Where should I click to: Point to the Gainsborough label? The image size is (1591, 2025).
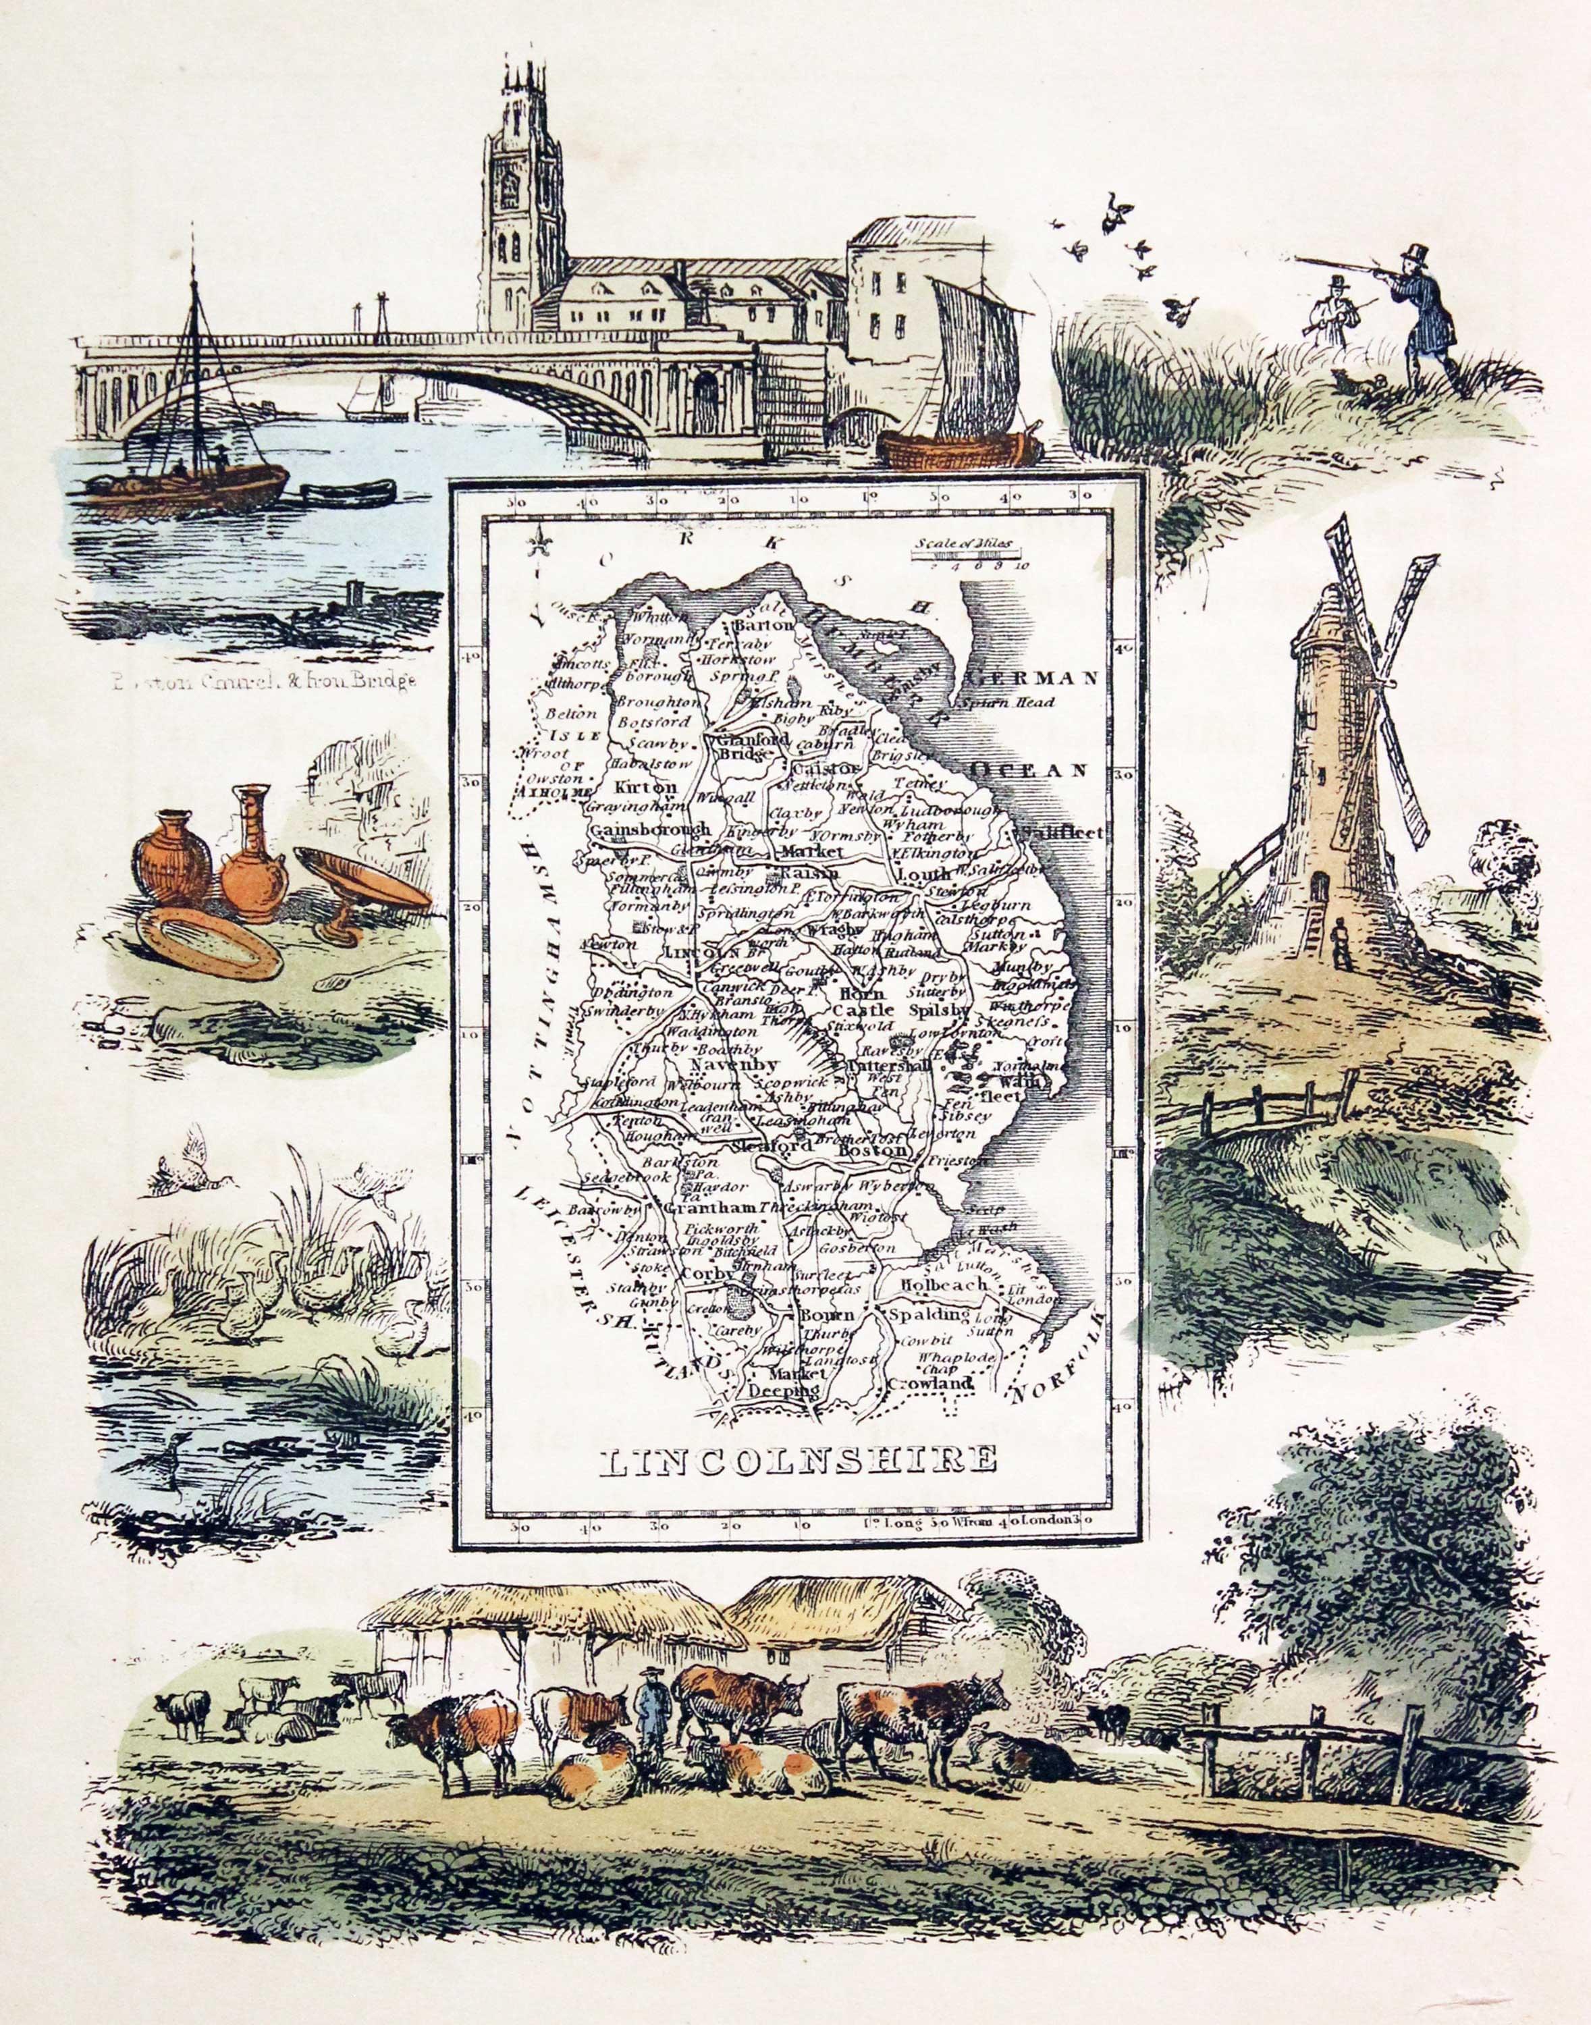pos(649,828)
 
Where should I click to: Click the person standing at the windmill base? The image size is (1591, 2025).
pos(1341,941)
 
